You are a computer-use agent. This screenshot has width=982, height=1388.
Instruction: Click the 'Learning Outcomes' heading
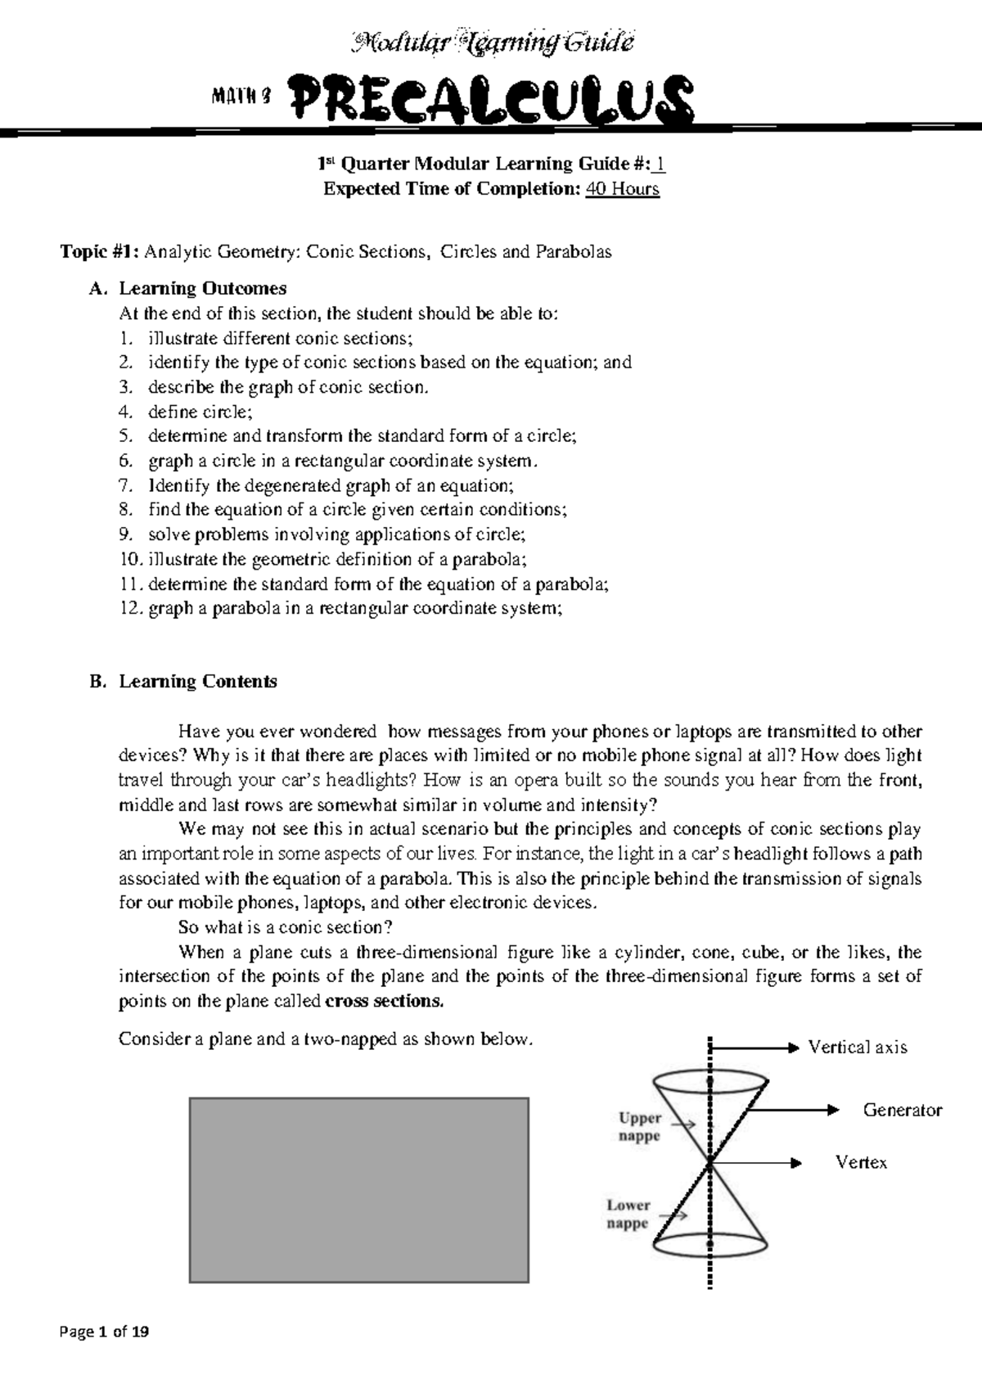click(203, 288)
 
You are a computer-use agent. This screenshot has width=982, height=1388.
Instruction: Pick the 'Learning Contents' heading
click(198, 681)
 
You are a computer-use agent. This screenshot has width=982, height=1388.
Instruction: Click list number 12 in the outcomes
click(130, 608)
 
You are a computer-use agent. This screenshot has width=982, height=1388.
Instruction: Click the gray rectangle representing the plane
click(358, 1189)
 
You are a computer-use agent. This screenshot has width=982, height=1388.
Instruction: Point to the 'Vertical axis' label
click(858, 1048)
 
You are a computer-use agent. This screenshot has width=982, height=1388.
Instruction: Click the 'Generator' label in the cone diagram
click(903, 1110)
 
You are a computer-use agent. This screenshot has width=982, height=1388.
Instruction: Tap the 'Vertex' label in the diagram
click(861, 1162)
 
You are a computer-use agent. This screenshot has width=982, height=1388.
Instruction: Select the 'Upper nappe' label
click(640, 1126)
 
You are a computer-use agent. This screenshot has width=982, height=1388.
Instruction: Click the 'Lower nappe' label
click(628, 1214)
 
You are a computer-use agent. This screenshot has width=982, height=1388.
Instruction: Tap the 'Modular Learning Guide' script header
click(492, 42)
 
